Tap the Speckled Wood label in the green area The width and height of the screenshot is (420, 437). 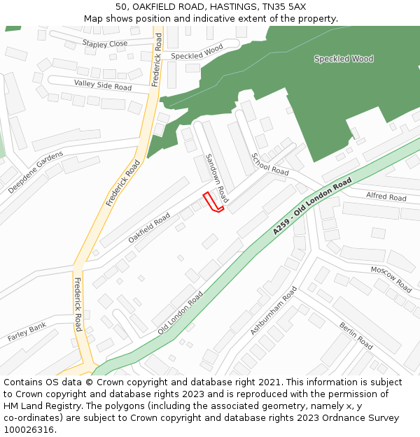click(x=344, y=59)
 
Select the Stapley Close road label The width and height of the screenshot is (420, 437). click(x=105, y=43)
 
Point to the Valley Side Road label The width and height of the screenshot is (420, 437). click(x=103, y=85)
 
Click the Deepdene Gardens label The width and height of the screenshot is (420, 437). click(x=36, y=172)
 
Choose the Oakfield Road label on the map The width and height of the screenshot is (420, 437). click(x=149, y=229)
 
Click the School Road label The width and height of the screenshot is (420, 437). click(x=270, y=164)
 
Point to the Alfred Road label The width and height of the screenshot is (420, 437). click(x=386, y=197)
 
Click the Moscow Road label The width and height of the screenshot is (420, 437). click(x=391, y=278)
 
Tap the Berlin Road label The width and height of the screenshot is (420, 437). click(x=356, y=336)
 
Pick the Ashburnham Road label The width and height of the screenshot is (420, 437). click(x=274, y=320)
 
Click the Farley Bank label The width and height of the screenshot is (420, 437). click(x=27, y=332)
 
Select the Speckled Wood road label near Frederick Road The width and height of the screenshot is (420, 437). click(x=197, y=52)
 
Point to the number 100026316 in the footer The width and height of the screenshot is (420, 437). click(x=27, y=430)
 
